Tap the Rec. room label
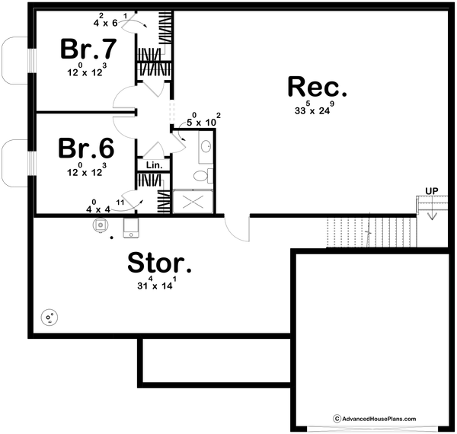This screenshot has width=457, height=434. click(x=318, y=87)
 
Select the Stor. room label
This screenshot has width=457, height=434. click(x=158, y=264)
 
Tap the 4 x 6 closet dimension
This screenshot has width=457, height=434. click(x=107, y=22)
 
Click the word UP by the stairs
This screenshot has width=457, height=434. click(x=432, y=190)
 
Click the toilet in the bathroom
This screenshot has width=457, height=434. click(x=200, y=176)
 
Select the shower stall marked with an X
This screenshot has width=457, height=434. click(x=194, y=201)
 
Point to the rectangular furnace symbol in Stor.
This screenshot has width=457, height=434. click(x=130, y=227)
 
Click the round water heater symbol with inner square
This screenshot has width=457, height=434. click(x=100, y=225)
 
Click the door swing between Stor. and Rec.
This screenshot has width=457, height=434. click(x=237, y=226)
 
